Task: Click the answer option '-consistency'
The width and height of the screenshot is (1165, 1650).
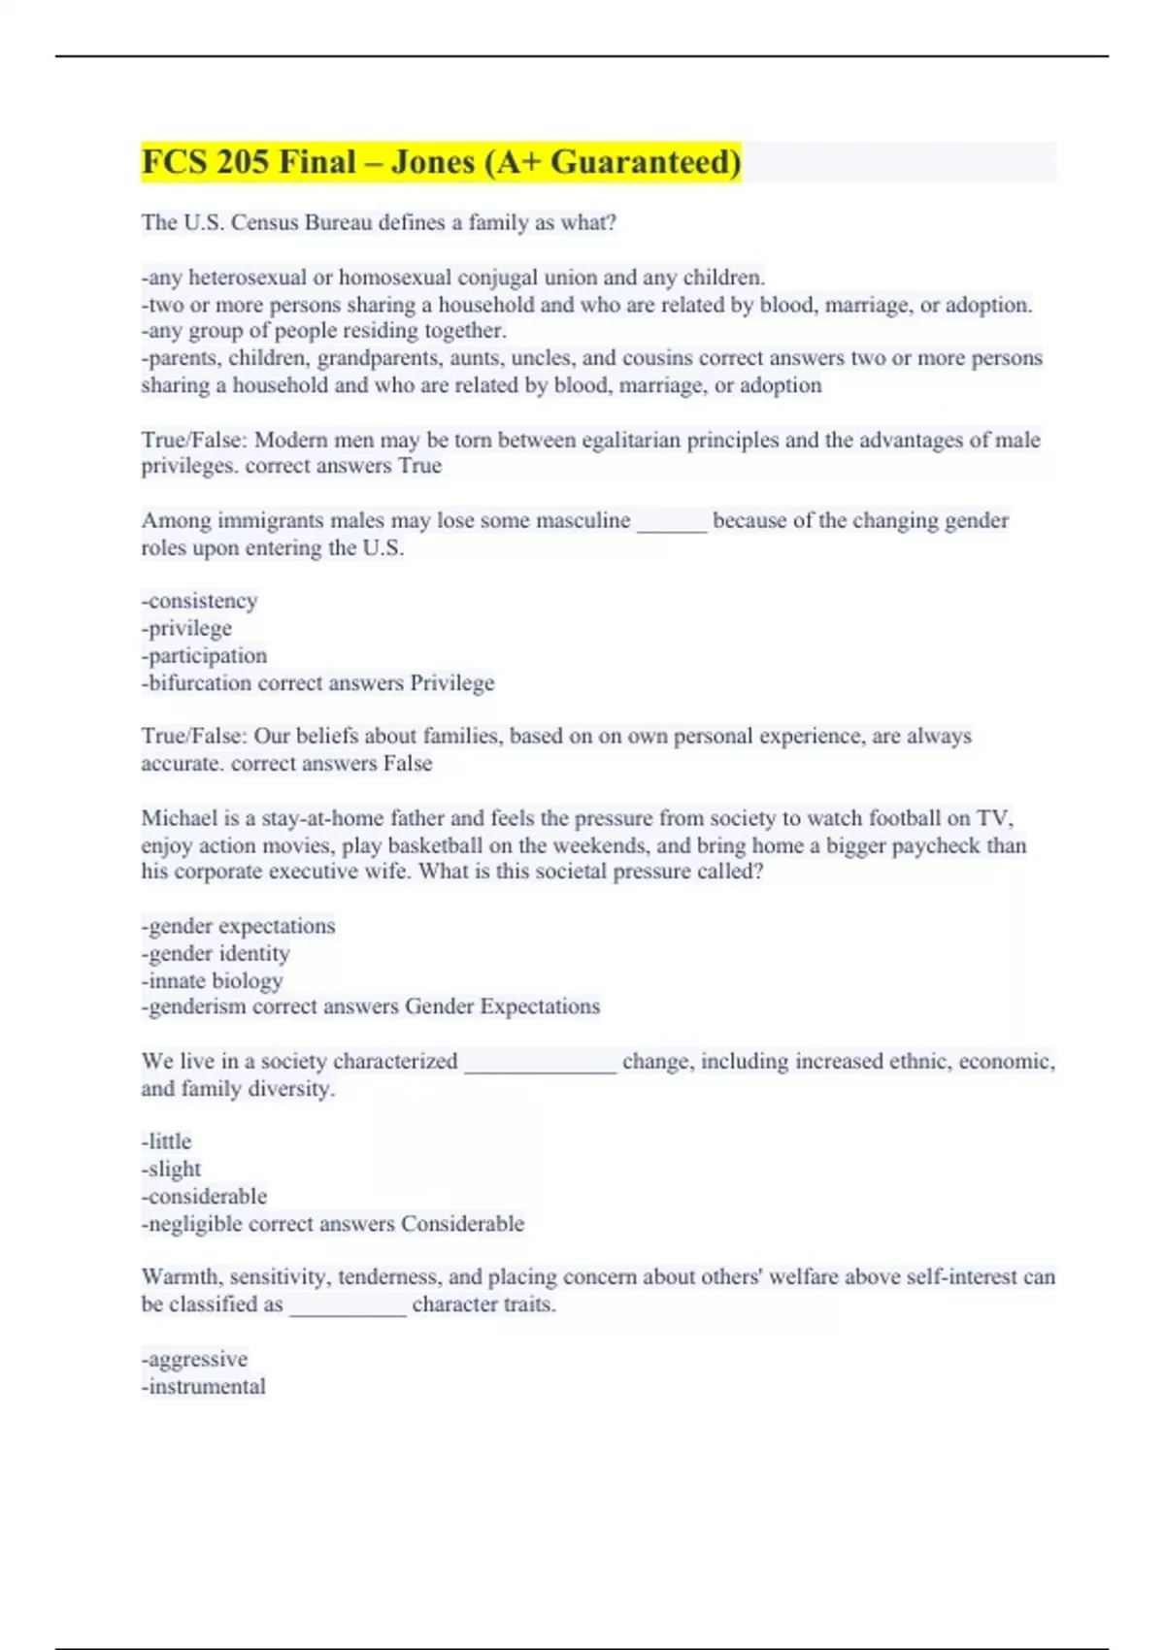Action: pyautogui.click(x=200, y=602)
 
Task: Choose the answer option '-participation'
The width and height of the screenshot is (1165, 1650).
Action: pyautogui.click(x=204, y=656)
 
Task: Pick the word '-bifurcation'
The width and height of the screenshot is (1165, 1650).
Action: pyautogui.click(x=196, y=683)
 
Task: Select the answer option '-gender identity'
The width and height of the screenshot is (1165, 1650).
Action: pyautogui.click(x=216, y=954)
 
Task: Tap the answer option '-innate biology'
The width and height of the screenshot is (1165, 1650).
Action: pyautogui.click(x=212, y=981)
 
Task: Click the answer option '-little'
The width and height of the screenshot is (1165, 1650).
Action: pyautogui.click(x=167, y=1142)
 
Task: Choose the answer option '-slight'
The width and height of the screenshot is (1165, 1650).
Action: pyautogui.click(x=171, y=1170)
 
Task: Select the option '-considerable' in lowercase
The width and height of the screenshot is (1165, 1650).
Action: pyautogui.click(x=204, y=1197)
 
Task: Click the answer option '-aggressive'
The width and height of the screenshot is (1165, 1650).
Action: pyautogui.click(x=194, y=1360)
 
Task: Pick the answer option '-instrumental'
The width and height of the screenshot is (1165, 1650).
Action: pyautogui.click(x=203, y=1387)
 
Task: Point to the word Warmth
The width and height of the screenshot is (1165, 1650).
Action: pyautogui.click(x=182, y=1277)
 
